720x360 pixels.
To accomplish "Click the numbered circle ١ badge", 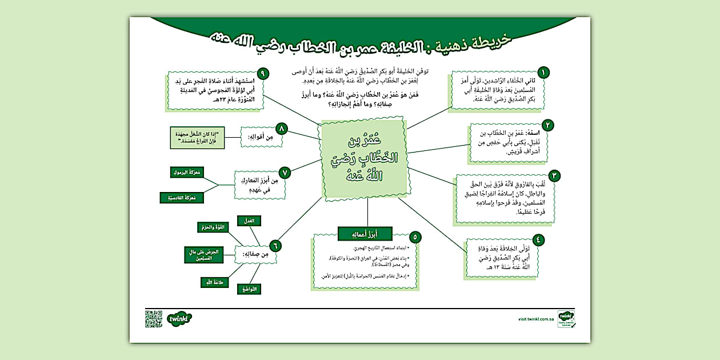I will [543, 72].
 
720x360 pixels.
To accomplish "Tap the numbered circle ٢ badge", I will [547, 125].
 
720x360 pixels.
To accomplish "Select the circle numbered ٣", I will [553, 175].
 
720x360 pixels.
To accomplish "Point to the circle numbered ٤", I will [538, 239].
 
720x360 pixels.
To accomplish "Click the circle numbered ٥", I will [417, 236].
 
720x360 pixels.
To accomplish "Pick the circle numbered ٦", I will [275, 245].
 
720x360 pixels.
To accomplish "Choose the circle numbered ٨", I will [281, 128].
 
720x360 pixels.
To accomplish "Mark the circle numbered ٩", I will [262, 73].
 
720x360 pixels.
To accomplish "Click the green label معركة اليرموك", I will [187, 172].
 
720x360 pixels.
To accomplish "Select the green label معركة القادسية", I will [182, 198].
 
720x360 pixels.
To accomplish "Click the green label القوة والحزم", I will [212, 227].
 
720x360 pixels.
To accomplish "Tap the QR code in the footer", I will [154, 318].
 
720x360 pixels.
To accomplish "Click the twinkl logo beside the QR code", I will [179, 318].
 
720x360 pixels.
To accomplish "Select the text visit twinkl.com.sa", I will [529, 321].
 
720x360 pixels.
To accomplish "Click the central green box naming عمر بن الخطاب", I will [365, 160].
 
